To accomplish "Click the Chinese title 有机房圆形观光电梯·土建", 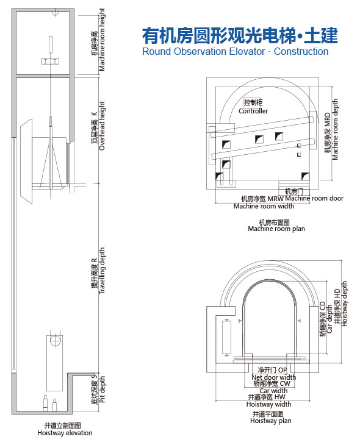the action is [x=240, y=36].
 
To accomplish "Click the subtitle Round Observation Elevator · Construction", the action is [x=236, y=52].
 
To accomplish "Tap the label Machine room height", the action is [x=102, y=40].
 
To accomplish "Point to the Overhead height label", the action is [x=102, y=126].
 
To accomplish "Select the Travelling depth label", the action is [x=102, y=271].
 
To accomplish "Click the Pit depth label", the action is [x=103, y=390].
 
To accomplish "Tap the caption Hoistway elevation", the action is [x=65, y=433].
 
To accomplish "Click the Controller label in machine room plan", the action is [x=253, y=111].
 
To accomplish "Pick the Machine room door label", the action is [x=314, y=198].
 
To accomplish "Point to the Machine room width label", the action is [x=264, y=206].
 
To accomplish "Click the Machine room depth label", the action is [x=335, y=129].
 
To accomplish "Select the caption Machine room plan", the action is [x=276, y=229].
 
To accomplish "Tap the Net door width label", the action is [x=273, y=377].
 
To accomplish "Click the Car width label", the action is [x=273, y=391].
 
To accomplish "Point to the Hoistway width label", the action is [x=269, y=404].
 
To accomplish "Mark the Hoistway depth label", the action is [x=344, y=304].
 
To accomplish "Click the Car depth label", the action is [x=329, y=319].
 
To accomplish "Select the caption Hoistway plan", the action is [x=271, y=421].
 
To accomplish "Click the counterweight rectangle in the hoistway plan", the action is [x=226, y=337].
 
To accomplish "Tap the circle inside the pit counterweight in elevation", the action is [x=54, y=340].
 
